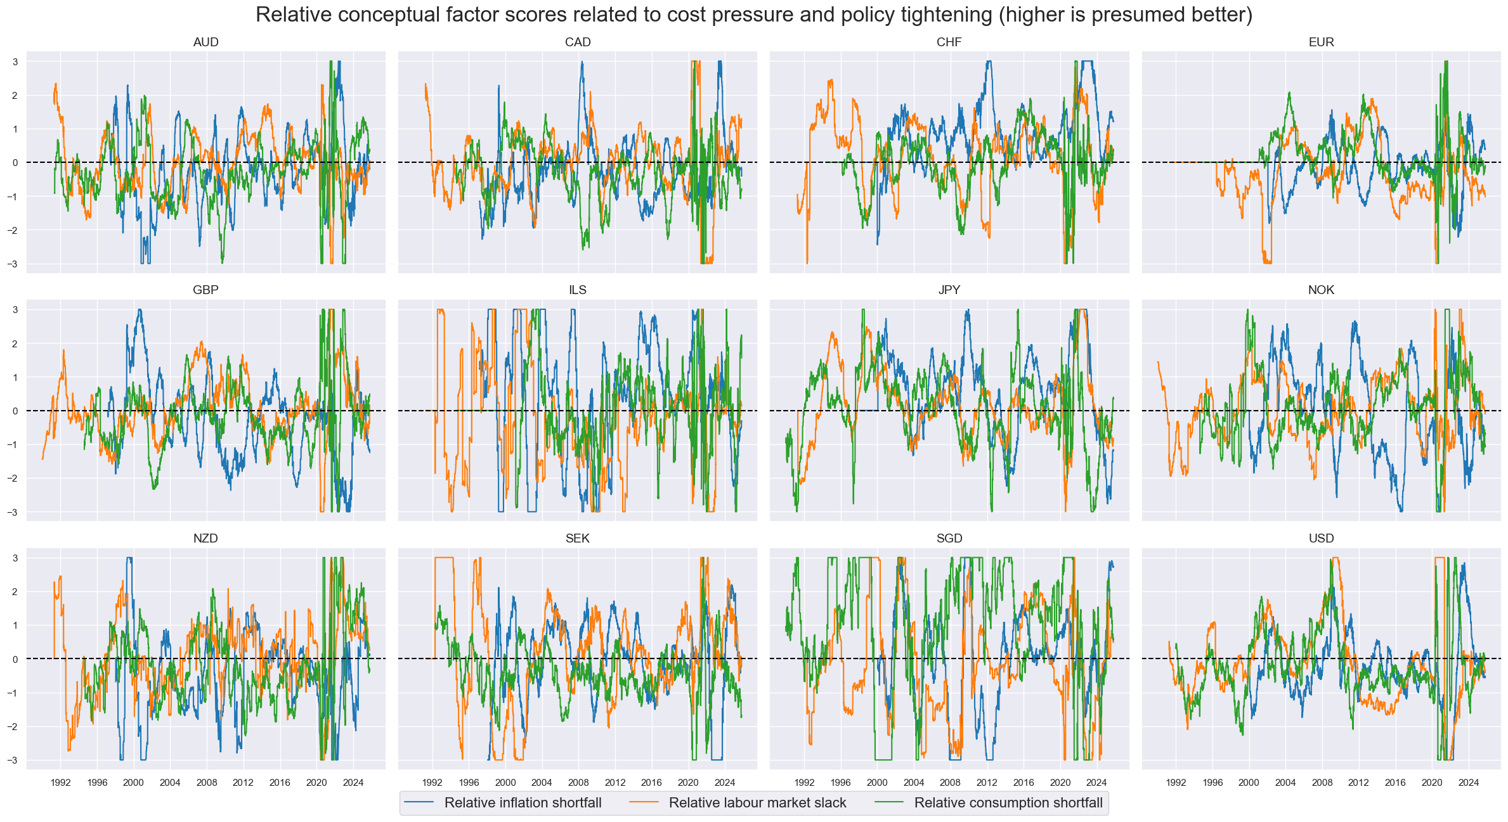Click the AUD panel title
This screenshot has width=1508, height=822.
[205, 42]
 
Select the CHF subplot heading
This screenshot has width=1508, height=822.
[949, 42]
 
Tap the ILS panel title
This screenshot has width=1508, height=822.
[577, 290]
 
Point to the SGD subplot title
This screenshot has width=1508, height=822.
[949, 539]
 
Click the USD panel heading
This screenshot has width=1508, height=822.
[1321, 539]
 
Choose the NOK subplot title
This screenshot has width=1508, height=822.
[1321, 290]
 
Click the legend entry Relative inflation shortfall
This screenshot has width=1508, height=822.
[523, 803]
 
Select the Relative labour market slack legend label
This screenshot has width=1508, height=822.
[757, 803]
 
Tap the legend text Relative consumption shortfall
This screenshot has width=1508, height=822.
[1008, 803]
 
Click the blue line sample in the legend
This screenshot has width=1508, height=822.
[419, 803]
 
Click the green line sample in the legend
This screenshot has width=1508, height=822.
[888, 803]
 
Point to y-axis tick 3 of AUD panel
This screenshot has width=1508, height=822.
[15, 62]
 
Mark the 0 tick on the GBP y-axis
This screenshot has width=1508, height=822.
[15, 411]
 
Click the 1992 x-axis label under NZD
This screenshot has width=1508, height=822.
[61, 783]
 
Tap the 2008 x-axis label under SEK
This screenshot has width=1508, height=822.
[578, 783]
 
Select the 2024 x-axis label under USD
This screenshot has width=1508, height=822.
[1469, 783]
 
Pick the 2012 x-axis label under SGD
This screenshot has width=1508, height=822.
[987, 783]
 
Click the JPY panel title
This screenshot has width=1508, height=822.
[949, 290]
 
